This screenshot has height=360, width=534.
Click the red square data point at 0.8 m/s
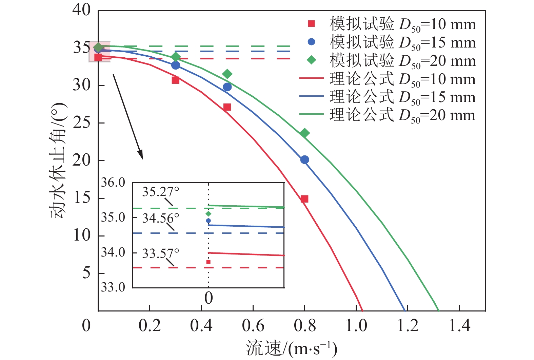click(304, 199)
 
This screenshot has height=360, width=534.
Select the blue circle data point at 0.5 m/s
click(227, 87)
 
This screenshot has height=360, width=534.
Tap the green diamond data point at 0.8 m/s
click(304, 133)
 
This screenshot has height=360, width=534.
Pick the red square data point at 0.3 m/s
click(175, 80)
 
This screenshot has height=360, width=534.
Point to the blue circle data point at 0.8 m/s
click(304, 159)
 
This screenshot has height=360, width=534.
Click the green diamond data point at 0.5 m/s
click(227, 74)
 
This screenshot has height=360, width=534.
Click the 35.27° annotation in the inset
click(160, 192)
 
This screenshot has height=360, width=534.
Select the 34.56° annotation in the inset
click(160, 218)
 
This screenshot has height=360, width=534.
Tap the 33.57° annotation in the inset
click(160, 253)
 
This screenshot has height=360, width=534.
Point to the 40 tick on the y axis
click(82, 10)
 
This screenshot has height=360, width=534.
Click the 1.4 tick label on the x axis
click(459, 326)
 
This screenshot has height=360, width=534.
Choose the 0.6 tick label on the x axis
click(253, 326)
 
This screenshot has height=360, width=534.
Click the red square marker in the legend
click(311, 24)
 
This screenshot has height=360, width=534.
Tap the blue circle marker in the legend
click(311, 42)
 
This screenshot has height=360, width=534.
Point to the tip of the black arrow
click(142, 159)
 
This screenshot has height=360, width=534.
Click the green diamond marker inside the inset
click(208, 214)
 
